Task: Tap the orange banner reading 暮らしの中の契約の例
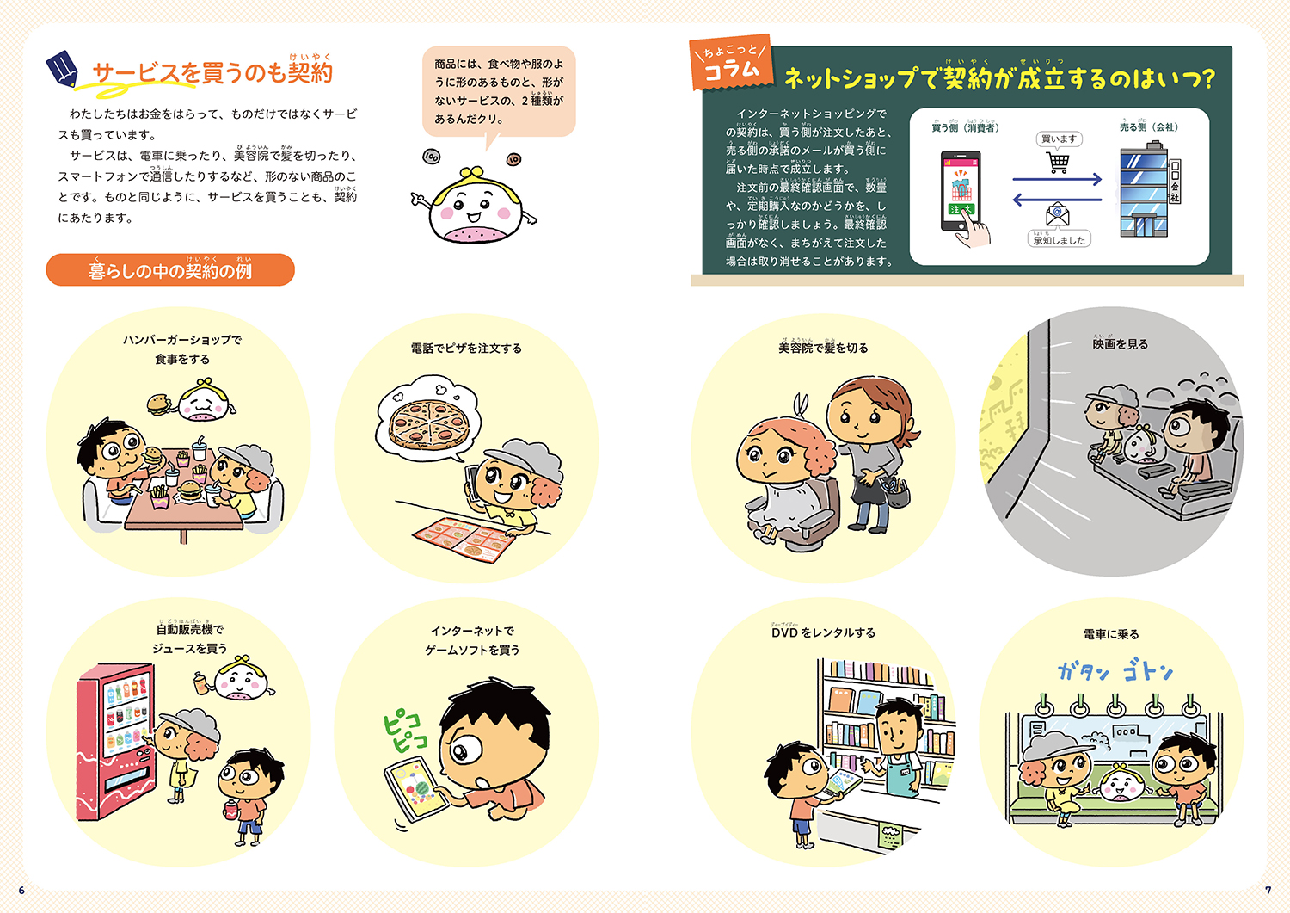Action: click(x=170, y=270)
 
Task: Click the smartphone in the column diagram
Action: click(x=961, y=192)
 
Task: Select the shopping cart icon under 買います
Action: click(x=1059, y=162)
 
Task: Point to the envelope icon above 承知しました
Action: click(x=1058, y=214)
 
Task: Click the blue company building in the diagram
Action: click(x=1144, y=192)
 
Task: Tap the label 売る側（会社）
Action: click(x=1148, y=127)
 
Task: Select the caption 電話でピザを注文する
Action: click(x=466, y=349)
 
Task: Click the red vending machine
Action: click(x=116, y=740)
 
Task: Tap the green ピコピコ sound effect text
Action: click(x=403, y=730)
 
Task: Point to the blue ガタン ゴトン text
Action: click(x=1115, y=671)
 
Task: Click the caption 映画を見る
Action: click(x=1120, y=344)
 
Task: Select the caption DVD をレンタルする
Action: click(x=823, y=632)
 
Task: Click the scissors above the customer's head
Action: click(x=802, y=405)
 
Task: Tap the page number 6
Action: click(x=21, y=891)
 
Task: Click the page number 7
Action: click(x=1268, y=891)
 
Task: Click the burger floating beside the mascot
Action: click(x=158, y=404)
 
